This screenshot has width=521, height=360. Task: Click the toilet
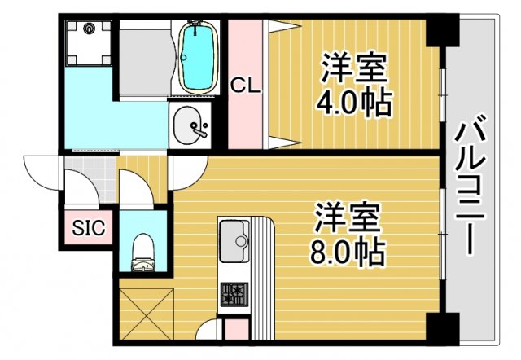point(143,248)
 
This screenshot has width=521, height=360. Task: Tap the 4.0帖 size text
point(357,103)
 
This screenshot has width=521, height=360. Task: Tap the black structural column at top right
point(444,30)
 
